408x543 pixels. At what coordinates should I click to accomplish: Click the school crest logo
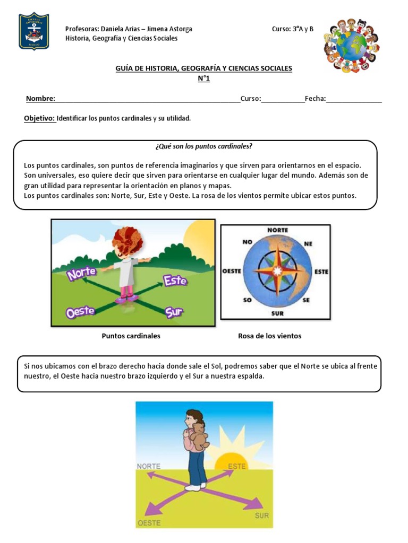click(x=34, y=31)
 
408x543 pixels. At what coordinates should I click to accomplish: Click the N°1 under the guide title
click(x=204, y=79)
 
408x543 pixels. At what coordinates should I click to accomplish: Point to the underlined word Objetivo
click(x=40, y=118)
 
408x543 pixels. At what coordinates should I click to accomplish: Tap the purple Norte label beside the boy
click(x=81, y=273)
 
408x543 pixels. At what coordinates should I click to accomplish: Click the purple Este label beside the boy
click(x=175, y=280)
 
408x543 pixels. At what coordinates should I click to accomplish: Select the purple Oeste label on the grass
click(x=80, y=312)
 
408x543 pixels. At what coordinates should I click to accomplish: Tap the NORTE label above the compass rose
click(x=277, y=230)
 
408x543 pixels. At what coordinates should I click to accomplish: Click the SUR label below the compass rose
click(x=277, y=313)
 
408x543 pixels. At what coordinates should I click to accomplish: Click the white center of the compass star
click(x=276, y=271)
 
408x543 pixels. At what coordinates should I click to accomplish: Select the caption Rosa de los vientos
click(x=269, y=336)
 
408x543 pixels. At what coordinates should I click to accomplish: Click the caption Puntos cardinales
click(x=131, y=336)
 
